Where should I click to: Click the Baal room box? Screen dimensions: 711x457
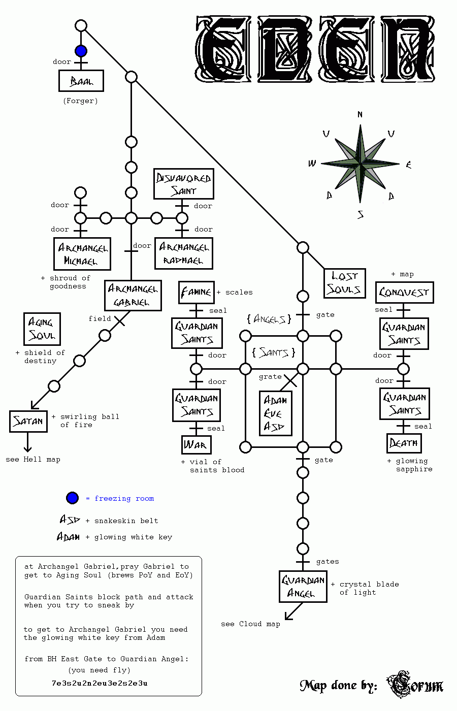81,81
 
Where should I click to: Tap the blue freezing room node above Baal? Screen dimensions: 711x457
81,51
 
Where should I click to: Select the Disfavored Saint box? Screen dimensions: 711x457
184,184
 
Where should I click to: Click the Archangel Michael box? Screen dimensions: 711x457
82,254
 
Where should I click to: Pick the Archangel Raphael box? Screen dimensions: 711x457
184,253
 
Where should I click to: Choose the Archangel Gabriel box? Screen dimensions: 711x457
133,295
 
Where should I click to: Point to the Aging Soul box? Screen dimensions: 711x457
42,329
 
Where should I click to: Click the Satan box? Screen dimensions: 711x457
28,422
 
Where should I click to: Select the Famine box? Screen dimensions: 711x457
197,292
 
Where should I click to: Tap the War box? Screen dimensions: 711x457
195,445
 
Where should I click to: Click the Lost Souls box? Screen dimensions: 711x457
345,283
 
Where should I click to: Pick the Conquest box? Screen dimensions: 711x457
404,293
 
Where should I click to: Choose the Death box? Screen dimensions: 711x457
404,443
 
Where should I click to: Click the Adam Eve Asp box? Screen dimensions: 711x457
275,413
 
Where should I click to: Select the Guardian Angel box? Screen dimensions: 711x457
303,587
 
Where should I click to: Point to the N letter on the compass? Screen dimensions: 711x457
360,115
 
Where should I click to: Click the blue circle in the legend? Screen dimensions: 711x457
73,498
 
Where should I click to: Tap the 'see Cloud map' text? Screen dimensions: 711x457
250,624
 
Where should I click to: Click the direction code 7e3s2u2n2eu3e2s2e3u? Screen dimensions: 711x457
100,683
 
